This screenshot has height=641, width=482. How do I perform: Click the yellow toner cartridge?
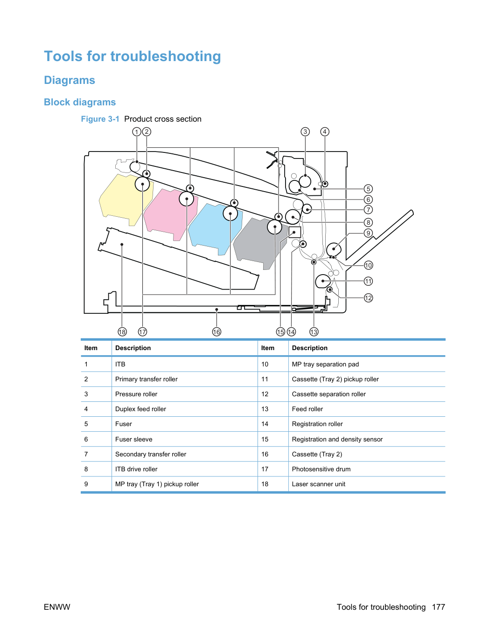pos(123,199)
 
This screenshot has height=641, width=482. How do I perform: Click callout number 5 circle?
pos(368,189)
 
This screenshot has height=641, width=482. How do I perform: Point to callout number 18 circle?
pos(122,332)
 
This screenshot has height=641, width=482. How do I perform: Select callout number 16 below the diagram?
pos(217,332)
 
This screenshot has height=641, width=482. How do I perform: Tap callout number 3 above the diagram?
pos(305,132)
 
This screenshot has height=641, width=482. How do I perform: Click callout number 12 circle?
pos(368,298)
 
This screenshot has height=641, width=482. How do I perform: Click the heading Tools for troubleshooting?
pos(133,56)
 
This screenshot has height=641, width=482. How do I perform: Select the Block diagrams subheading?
pos(80,102)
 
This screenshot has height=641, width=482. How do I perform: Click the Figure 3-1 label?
pos(100,119)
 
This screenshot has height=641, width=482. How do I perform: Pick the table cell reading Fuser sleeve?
pos(133,439)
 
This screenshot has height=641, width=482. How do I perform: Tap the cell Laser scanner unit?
pos(319,484)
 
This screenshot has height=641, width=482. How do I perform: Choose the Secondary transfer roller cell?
pos(151,454)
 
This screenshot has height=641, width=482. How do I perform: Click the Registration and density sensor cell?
pos(337,439)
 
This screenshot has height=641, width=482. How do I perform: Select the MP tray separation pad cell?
pos(325,364)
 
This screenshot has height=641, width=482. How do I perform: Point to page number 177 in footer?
pos(439,607)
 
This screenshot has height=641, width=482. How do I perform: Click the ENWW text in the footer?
pos(57,607)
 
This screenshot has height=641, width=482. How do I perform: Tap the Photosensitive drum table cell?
pos(321,469)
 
